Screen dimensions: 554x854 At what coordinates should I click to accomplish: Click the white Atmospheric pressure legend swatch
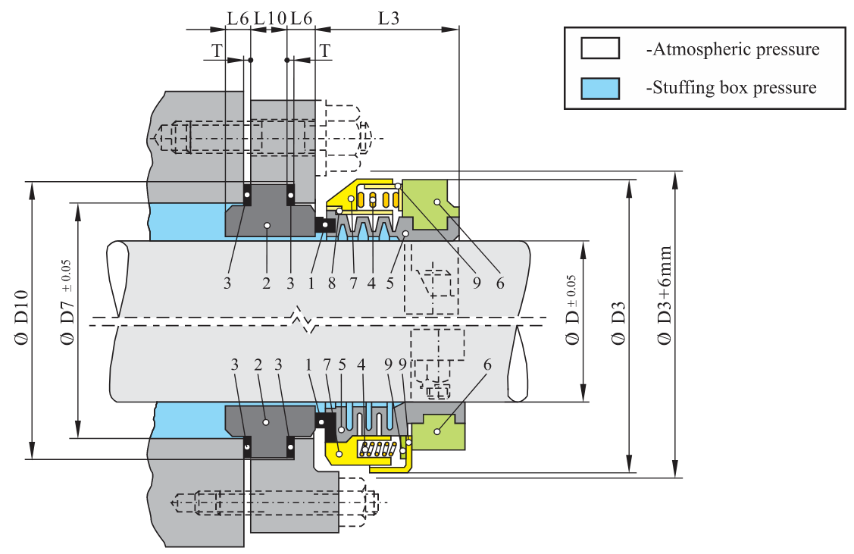click(600, 49)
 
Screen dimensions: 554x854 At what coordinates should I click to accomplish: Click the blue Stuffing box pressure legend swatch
click(600, 88)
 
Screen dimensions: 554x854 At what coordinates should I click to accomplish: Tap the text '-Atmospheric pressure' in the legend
click(732, 50)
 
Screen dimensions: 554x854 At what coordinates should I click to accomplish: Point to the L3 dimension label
click(388, 18)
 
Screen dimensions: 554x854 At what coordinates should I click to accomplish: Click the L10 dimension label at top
click(269, 18)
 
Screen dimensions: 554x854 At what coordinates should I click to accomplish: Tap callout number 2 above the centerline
click(266, 283)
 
